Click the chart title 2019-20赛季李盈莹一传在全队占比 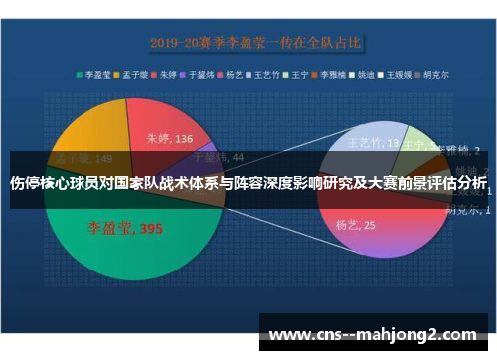257,43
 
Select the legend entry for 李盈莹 95,73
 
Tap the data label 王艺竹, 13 370,143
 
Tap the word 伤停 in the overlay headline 24,184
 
